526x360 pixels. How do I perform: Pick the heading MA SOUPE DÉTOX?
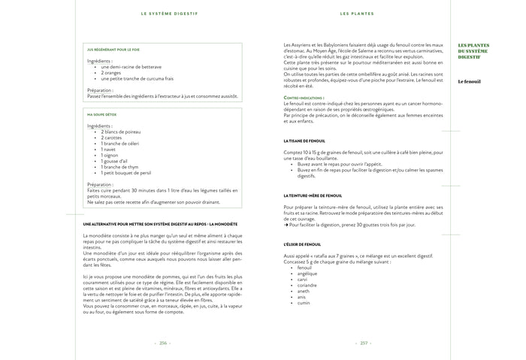click(x=102, y=115)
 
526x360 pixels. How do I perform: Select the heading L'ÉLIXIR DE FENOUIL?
click(x=303, y=244)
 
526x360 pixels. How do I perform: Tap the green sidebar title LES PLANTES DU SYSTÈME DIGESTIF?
click(x=473, y=51)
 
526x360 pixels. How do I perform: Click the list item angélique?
click(x=307, y=274)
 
